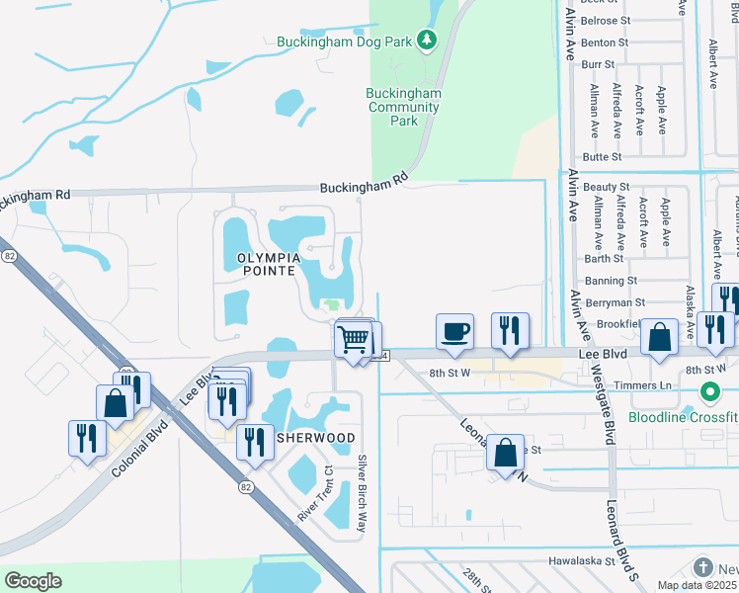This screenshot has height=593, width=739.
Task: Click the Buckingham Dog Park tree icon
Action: [426, 41]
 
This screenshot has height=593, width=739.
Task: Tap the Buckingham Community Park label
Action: [403, 107]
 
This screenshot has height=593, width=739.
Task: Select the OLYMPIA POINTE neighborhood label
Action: [253, 263]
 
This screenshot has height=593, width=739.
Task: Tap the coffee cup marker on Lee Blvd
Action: [454, 332]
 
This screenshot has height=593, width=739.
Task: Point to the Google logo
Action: [33, 581]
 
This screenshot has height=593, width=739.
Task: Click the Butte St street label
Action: [602, 157]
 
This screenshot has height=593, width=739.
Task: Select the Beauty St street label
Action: [606, 187]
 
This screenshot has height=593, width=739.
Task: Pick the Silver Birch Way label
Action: [363, 493]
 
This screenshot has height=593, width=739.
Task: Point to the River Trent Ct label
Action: [316, 493]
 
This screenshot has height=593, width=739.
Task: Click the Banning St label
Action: [615, 281]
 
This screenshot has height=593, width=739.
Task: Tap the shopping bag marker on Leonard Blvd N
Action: [505, 453]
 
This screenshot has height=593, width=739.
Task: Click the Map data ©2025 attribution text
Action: [698, 585]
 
